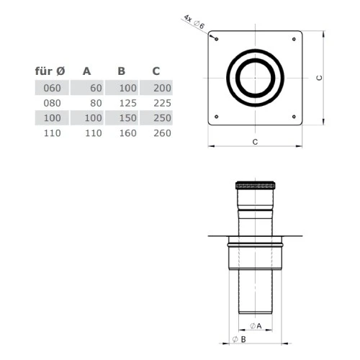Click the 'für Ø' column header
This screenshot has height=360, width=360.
(x=50, y=71)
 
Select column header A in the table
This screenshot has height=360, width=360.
(x=86, y=71)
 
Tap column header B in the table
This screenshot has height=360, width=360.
(x=122, y=71)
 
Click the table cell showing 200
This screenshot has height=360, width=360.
(x=162, y=88)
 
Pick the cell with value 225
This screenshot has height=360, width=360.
(x=162, y=103)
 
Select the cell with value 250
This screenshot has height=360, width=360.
(x=162, y=118)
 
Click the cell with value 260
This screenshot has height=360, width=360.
(x=162, y=133)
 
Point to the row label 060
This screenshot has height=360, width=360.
(x=52, y=88)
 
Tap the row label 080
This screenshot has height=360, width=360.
(x=52, y=103)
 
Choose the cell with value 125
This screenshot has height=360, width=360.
(x=128, y=103)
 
